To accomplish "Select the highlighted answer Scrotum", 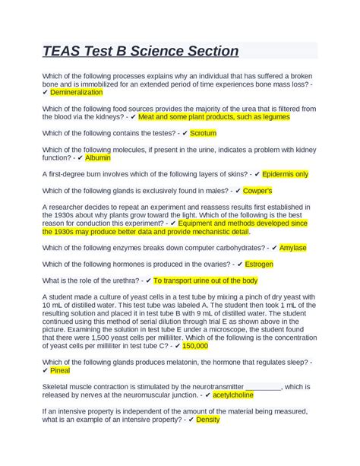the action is point(203,132).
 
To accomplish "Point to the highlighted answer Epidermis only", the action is point(286,173).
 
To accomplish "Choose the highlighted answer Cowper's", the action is point(258,190).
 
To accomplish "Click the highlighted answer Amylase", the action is point(292,248).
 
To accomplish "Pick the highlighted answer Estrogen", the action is point(261,264).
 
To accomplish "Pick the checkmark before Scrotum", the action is point(183,132).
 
